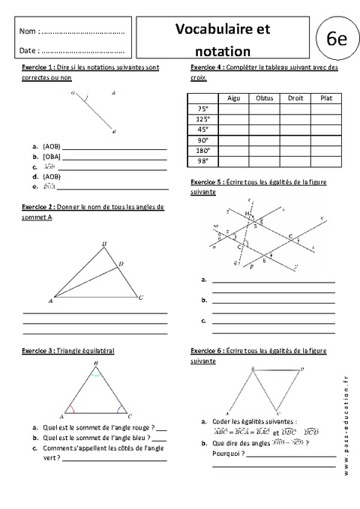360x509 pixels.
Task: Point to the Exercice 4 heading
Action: (x=208, y=68)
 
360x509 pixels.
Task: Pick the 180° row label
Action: (x=202, y=150)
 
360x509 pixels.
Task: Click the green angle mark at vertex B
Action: (x=96, y=373)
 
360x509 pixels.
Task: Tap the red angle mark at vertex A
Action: (x=70, y=411)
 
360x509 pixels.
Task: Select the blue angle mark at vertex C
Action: (x=121, y=411)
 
